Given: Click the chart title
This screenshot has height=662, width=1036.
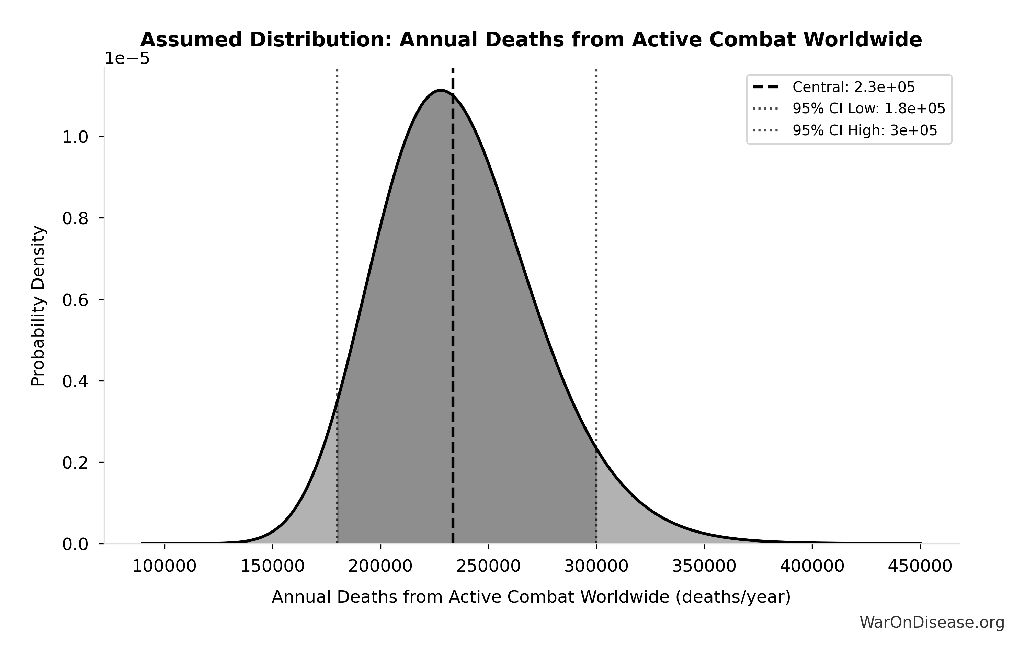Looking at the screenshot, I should (531, 40).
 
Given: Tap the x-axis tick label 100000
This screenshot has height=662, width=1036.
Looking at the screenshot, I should (164, 567).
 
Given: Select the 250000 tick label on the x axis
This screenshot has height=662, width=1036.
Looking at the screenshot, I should (488, 567).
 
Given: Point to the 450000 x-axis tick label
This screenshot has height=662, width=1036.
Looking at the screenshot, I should (920, 567).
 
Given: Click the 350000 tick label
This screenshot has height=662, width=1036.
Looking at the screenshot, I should (704, 567).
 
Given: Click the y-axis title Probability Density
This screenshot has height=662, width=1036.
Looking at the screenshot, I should (38, 306).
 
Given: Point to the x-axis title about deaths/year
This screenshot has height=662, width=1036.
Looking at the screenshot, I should (531, 597).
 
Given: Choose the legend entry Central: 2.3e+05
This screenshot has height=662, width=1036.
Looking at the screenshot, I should (854, 87).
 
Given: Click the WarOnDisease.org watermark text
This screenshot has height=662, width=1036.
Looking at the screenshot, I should (932, 623).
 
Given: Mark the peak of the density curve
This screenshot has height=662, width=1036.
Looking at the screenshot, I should (441, 90).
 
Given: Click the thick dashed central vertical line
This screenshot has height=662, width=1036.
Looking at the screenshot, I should (453, 301).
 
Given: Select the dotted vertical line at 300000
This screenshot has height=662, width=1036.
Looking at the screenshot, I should (596, 258).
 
